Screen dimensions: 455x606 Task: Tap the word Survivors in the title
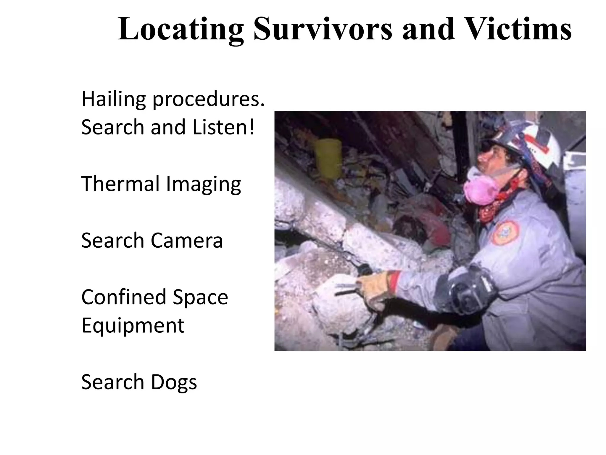click(323, 29)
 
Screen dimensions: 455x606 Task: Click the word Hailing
click(113, 100)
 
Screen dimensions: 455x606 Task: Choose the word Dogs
click(174, 382)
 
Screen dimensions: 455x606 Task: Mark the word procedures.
click(208, 100)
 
